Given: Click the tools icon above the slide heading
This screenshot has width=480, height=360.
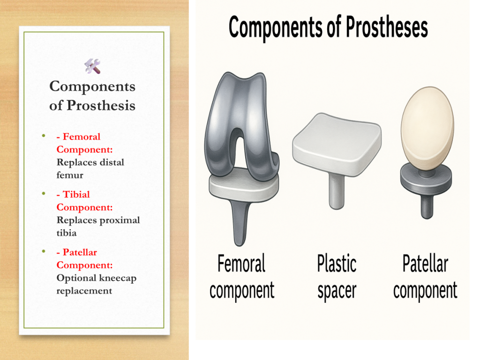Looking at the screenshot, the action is (92, 66).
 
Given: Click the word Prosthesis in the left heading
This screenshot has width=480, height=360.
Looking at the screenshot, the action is (101, 105).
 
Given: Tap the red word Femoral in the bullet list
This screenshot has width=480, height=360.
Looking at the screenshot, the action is (82, 136).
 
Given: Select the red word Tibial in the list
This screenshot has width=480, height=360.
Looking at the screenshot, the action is (76, 195).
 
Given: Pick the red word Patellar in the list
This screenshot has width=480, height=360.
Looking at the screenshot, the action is (80, 252).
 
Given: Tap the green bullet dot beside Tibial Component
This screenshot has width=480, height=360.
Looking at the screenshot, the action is (44, 194).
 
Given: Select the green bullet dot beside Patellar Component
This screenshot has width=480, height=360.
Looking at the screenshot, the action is (44, 251).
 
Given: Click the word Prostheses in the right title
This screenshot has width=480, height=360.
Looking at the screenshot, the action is (387, 28).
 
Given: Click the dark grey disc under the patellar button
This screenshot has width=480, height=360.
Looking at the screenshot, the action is (426, 180).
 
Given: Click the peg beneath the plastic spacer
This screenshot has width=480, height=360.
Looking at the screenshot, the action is (337, 191).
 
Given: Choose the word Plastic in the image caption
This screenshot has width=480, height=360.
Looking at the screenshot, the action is (337, 263).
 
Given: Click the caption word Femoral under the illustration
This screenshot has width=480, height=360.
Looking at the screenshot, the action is (241, 263).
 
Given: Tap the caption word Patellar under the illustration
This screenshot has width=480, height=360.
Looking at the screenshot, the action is (426, 263).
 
